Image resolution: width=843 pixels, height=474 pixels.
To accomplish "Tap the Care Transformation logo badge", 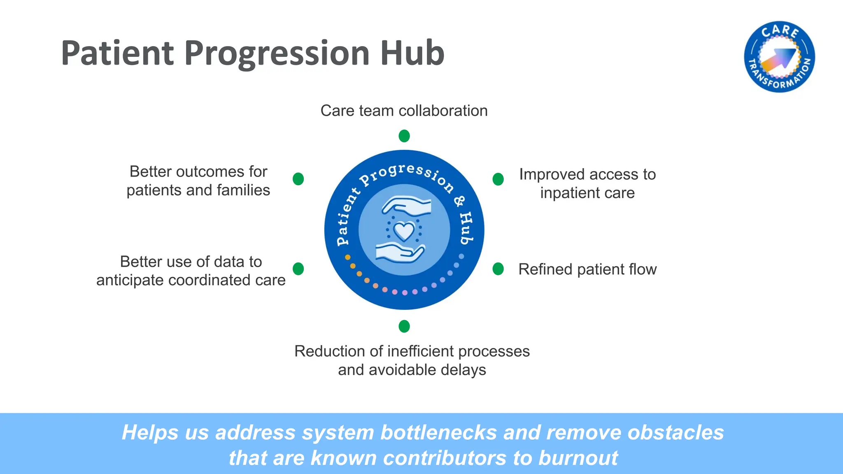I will pyautogui.click(x=779, y=57).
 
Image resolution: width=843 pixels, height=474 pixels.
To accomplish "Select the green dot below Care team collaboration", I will pyautogui.click(x=404, y=136).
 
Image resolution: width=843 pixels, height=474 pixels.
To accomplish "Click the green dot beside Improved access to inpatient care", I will pyautogui.click(x=498, y=179).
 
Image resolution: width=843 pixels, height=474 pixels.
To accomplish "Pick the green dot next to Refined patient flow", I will pyautogui.click(x=498, y=269).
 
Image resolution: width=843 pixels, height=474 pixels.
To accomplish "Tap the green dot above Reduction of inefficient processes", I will pyautogui.click(x=404, y=326).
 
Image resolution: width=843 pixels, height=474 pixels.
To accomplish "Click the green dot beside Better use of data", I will pyautogui.click(x=298, y=269).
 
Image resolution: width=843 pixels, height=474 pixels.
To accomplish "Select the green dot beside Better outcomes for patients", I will pyautogui.click(x=298, y=179).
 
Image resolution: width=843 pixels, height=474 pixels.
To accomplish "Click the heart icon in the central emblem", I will pyautogui.click(x=404, y=232).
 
